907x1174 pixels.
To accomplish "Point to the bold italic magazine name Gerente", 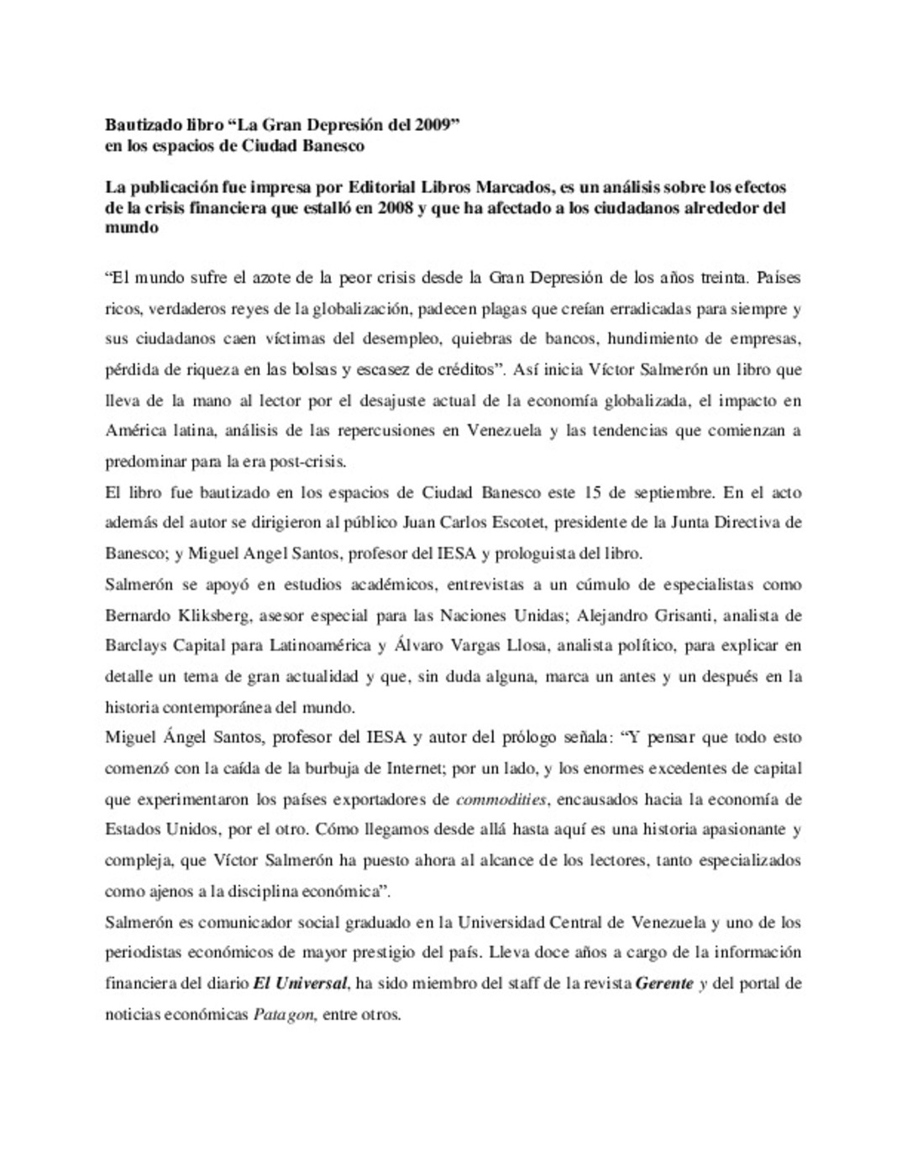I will (663, 983).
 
